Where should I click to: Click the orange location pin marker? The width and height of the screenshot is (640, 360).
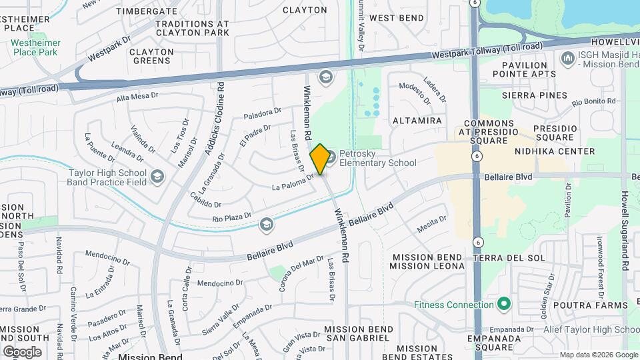(320, 159)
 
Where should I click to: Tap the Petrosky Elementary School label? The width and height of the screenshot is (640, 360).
(377, 158)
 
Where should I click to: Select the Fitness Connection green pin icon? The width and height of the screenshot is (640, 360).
(504, 305)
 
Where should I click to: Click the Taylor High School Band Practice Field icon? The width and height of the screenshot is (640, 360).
(157, 176)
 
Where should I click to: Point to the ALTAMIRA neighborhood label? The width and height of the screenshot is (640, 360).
(417, 121)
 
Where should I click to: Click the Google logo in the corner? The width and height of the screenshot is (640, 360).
(22, 351)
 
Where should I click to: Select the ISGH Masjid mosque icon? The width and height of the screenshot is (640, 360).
(568, 59)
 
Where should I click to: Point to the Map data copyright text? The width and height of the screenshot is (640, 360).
(597, 355)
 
